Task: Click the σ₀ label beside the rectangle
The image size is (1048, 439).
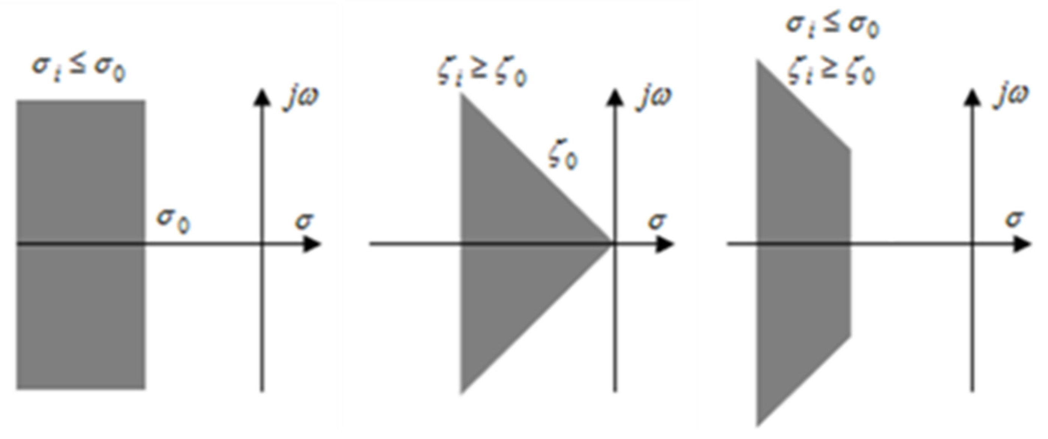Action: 174,222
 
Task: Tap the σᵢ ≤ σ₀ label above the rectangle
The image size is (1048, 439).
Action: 78,69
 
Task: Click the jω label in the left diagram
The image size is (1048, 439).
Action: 301,98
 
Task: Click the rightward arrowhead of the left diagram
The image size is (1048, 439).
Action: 313,244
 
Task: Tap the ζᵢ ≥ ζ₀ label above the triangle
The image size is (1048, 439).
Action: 482,74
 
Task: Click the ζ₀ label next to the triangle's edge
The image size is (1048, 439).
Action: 563,158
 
